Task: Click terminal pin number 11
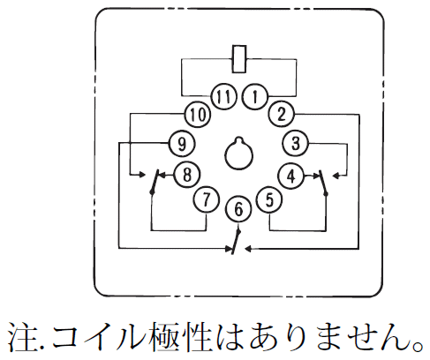click(223, 97)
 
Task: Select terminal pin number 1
click(255, 97)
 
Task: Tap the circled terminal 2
click(282, 114)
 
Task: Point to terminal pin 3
click(296, 144)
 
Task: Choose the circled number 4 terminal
click(290, 176)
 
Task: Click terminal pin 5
click(269, 199)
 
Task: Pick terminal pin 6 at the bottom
click(238, 209)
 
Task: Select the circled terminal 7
click(206, 199)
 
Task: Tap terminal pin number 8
click(187, 175)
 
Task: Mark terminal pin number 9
click(182, 143)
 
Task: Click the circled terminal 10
click(198, 114)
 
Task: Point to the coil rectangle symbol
click(239, 59)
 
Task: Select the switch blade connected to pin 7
click(155, 182)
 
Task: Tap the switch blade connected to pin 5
click(323, 183)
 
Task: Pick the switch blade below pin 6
click(237, 242)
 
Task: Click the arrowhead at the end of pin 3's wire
click(335, 176)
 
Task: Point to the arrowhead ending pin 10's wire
click(142, 175)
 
